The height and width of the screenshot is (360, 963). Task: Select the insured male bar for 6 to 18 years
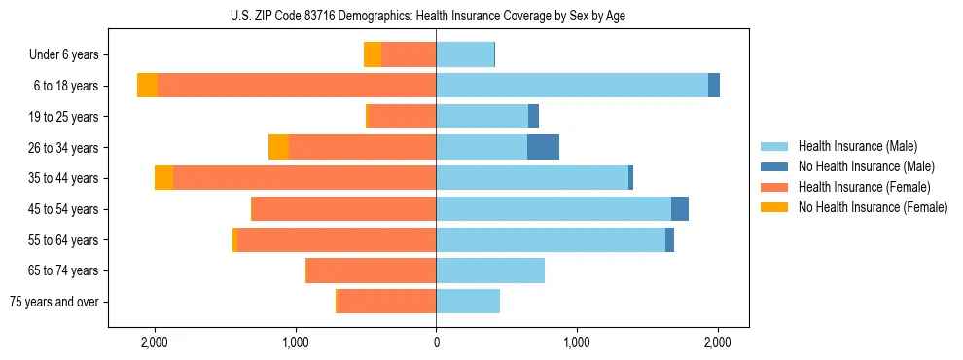(572, 86)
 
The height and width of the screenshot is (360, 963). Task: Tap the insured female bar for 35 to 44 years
(304, 178)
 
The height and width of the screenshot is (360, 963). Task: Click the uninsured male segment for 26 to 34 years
(543, 147)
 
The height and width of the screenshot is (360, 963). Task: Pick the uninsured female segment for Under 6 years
(373, 54)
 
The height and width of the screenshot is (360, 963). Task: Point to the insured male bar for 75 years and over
(468, 302)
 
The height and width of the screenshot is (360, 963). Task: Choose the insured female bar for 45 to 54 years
(343, 209)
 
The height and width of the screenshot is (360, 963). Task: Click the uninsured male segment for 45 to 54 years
(680, 209)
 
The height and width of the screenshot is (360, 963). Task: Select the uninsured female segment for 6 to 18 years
(147, 86)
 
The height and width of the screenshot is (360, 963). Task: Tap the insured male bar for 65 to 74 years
(490, 270)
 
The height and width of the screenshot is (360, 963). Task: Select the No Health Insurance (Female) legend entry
(873, 207)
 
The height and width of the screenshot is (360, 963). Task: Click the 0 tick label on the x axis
(436, 342)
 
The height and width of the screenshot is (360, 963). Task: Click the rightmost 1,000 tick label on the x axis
(577, 342)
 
